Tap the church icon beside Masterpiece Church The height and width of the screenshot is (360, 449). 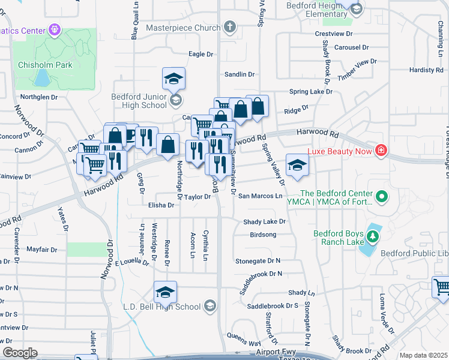[x=229, y=27]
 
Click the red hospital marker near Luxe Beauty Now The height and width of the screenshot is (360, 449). [x=380, y=150]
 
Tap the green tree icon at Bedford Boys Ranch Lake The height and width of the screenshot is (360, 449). [x=372, y=236]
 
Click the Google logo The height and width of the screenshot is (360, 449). [x=20, y=353]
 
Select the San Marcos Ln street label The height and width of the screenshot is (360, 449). [x=260, y=196]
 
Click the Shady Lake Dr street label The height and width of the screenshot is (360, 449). [x=264, y=221]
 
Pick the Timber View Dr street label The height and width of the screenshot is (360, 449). [x=357, y=69]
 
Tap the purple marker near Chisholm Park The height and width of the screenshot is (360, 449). [x=55, y=28]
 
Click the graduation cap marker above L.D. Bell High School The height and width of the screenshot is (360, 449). [x=165, y=292]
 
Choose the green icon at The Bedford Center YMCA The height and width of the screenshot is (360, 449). [x=381, y=197]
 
